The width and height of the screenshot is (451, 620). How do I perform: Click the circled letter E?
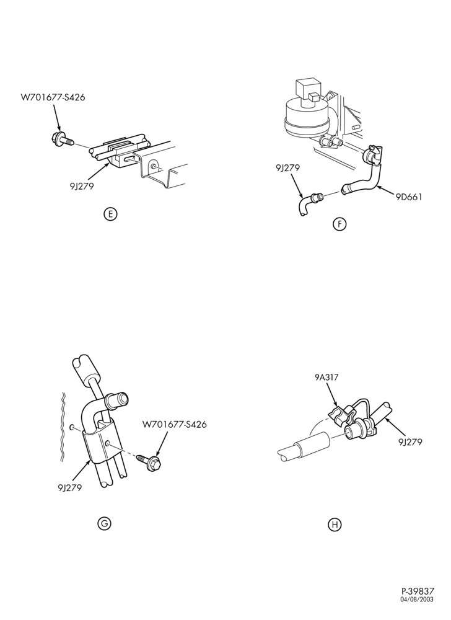(110, 215)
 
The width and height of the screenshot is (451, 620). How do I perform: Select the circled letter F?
(339, 224)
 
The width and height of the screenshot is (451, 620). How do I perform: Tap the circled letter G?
(104, 523)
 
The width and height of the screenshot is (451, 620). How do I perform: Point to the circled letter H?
(335, 525)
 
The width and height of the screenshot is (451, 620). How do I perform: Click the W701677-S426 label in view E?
(53, 97)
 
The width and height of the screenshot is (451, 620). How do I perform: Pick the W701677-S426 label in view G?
(174, 425)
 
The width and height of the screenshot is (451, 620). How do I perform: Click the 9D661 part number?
(409, 197)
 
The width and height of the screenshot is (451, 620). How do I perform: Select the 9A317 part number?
(326, 377)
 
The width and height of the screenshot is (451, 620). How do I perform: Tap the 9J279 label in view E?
(82, 186)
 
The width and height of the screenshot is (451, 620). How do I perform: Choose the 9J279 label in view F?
(288, 167)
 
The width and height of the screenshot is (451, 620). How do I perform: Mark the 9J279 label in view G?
(69, 487)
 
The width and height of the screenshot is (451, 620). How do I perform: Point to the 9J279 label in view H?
(410, 441)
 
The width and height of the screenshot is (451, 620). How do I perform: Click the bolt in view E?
(63, 139)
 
